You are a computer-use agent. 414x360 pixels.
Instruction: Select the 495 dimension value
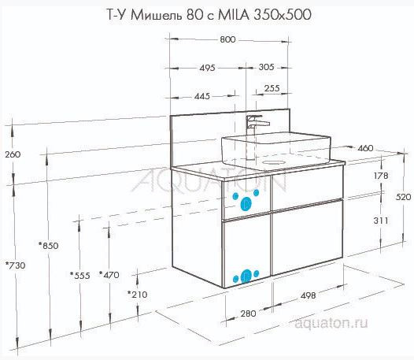click(x=207, y=69)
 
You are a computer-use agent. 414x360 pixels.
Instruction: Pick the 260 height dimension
click(x=12, y=154)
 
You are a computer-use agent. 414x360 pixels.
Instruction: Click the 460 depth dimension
click(x=365, y=148)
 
